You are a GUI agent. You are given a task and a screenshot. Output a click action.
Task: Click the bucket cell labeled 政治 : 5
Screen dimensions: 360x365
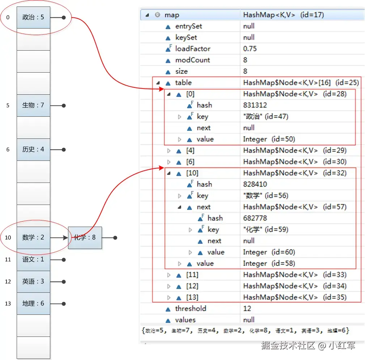tap(33, 17)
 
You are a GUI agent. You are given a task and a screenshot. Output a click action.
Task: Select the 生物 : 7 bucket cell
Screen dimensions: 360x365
tap(33, 106)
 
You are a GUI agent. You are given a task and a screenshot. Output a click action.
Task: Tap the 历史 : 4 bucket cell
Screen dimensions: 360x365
tap(33, 150)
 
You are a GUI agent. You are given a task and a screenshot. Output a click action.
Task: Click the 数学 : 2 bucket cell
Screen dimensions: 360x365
tap(33, 238)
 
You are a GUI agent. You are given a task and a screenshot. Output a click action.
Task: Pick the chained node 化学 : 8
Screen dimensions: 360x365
tap(85, 238)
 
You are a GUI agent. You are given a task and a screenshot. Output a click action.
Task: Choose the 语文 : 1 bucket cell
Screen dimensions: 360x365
tap(33, 260)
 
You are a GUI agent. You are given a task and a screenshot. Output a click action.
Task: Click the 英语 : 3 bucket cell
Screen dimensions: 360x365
tap(33, 282)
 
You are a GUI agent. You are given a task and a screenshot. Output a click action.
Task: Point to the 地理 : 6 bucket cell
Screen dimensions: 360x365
tap(33, 304)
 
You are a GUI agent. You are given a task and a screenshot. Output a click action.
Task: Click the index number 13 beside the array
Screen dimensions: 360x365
tap(8, 304)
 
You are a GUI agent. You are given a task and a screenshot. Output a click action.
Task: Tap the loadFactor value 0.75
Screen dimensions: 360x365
tap(250, 49)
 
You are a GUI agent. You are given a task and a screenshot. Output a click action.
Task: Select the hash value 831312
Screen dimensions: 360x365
tap(255, 105)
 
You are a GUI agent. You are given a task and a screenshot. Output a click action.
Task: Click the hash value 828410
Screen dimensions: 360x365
tap(255, 184)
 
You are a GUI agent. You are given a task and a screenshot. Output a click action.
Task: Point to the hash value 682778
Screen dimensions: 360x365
tap(255, 218)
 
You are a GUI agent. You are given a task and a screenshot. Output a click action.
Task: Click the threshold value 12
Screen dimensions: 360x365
tap(247, 309)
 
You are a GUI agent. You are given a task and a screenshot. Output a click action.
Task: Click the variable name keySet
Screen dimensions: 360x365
tap(186, 38)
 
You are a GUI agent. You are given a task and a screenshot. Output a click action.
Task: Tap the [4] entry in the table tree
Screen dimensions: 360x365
tap(190, 150)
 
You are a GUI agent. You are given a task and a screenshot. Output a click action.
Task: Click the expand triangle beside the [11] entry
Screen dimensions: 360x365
tap(169, 275)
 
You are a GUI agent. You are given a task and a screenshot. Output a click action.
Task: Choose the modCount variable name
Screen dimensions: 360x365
tap(192, 60)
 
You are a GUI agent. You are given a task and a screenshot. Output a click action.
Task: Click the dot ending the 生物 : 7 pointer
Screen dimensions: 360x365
tap(64, 106)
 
